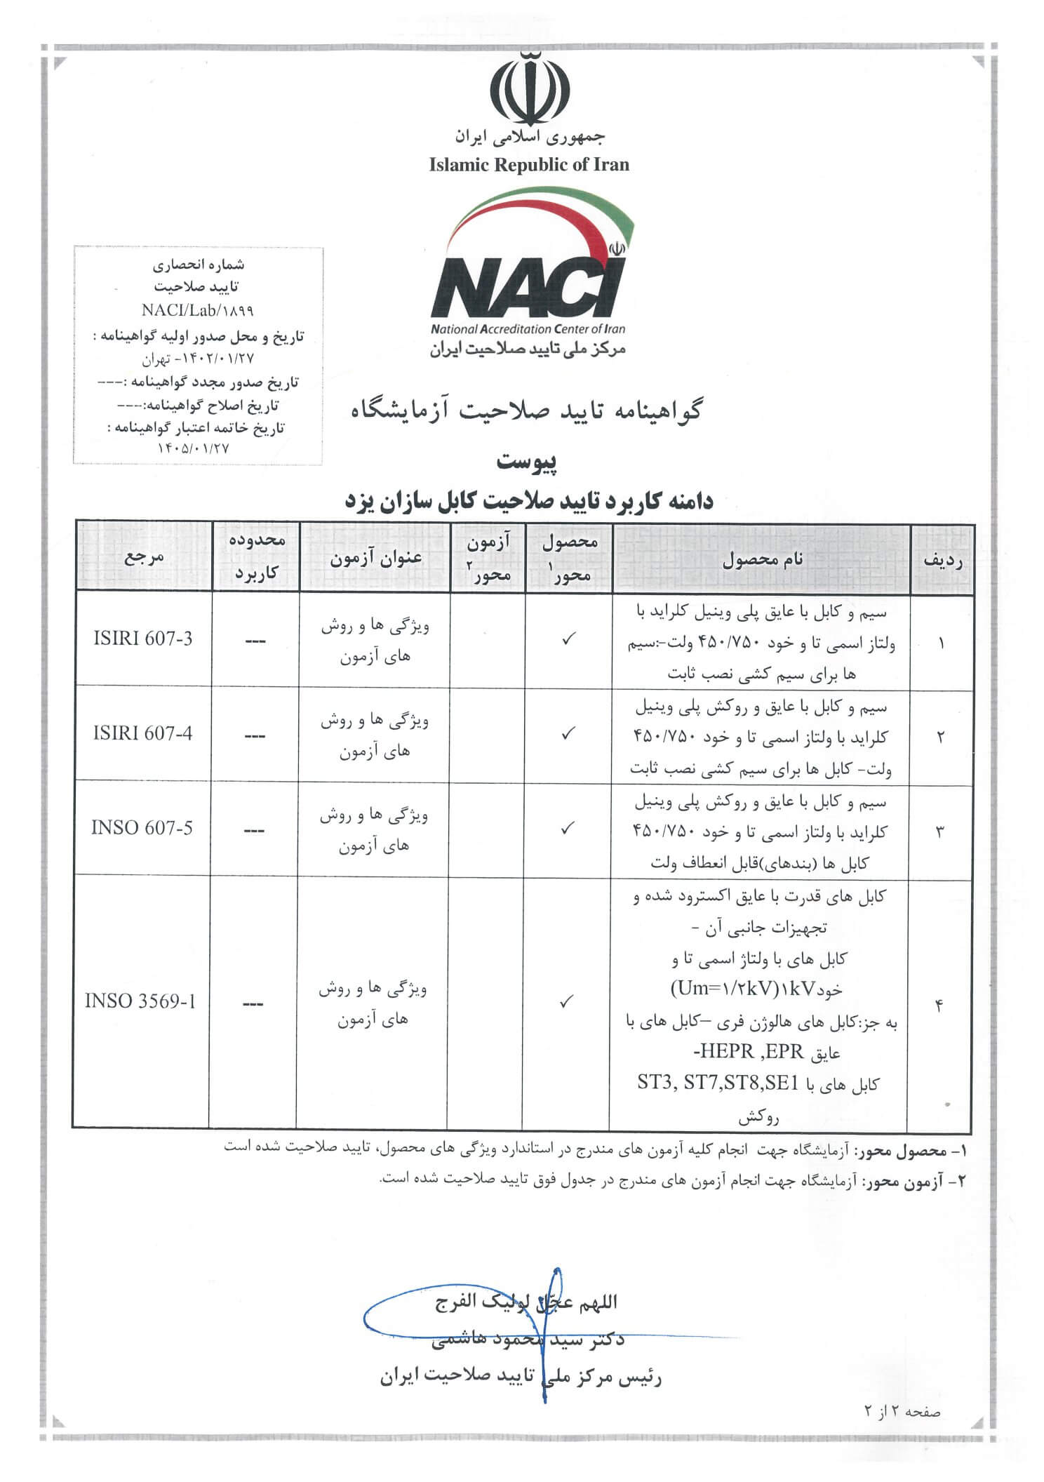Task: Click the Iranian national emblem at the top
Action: point(530,91)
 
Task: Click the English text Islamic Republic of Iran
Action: point(529,165)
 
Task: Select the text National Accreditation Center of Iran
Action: point(528,328)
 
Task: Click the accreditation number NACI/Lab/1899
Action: point(197,310)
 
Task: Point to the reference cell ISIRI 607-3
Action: point(143,639)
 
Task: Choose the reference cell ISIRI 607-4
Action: point(142,733)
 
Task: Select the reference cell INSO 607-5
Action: point(142,828)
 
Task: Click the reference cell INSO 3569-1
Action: point(140,1001)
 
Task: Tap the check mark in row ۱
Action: point(569,639)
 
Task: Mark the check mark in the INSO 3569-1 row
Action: point(568,1002)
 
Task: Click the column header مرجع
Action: point(144,558)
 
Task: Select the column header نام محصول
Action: point(762,560)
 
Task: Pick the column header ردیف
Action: point(942,560)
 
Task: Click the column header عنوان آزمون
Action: point(375,559)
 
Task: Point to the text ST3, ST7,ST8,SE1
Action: point(717,1083)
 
